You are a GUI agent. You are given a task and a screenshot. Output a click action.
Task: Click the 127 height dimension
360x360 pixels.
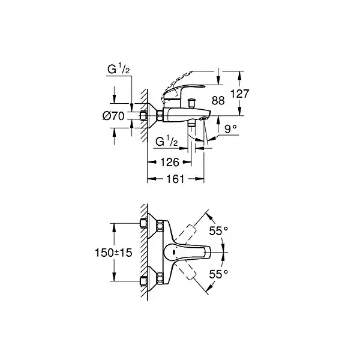click(x=239, y=94)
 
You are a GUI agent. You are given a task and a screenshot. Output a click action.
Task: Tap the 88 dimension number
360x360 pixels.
click(x=218, y=101)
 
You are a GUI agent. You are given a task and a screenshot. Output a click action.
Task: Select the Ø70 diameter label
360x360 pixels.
click(x=113, y=116)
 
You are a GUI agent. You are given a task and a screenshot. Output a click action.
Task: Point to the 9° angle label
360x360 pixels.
click(x=230, y=129)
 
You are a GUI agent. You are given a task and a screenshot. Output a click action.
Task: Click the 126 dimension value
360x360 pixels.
click(x=170, y=163)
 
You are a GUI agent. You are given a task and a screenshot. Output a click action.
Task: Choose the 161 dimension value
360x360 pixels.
click(x=175, y=179)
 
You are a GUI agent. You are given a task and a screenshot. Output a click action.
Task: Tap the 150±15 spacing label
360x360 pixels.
click(x=113, y=253)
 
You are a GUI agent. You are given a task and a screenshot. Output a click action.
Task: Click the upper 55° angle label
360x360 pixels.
click(x=218, y=231)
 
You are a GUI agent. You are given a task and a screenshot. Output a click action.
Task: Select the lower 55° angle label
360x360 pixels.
click(x=218, y=274)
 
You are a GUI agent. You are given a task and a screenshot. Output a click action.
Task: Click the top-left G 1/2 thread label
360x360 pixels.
click(x=118, y=69)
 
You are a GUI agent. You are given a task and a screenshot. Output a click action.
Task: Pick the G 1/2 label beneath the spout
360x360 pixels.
click(x=167, y=142)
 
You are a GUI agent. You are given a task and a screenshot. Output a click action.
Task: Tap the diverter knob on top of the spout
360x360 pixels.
click(x=191, y=103)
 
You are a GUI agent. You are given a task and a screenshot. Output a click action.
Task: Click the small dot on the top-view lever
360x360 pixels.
click(x=173, y=252)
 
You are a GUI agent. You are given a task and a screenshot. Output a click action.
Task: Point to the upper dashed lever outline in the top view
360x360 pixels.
click(x=187, y=235)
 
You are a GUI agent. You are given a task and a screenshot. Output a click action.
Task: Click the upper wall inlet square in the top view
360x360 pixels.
click(x=143, y=223)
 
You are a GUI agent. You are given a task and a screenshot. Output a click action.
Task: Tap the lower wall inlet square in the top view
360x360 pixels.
click(x=143, y=281)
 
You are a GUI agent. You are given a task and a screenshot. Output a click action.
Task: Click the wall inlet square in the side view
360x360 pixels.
click(x=143, y=116)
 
